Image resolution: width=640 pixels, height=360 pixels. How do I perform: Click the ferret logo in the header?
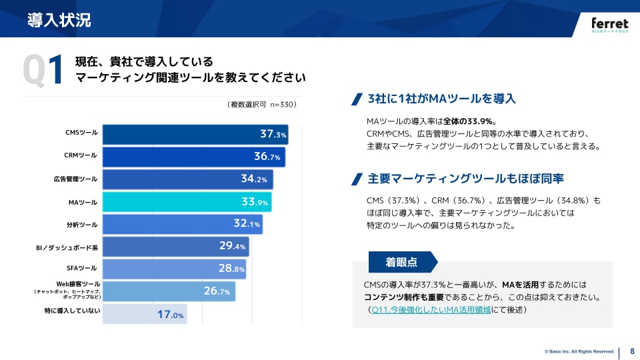[x=609, y=25]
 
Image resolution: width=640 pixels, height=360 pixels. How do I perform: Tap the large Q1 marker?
[x=43, y=70]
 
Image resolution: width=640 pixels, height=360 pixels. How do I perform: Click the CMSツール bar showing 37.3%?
[x=195, y=134]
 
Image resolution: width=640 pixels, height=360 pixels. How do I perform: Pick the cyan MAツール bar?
[x=187, y=202]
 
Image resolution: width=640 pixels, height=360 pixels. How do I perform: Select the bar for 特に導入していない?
[x=145, y=313]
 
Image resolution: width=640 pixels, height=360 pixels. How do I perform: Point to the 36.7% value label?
[x=267, y=157]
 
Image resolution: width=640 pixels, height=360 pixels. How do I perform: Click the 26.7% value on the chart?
[x=217, y=291]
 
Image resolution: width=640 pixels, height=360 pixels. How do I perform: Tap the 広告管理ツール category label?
[x=75, y=179]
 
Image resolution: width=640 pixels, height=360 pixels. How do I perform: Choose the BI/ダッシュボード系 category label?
[x=67, y=247]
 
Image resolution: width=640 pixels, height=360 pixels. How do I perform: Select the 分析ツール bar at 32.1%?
[x=182, y=224]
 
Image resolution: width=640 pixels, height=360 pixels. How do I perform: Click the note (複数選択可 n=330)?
[x=261, y=105]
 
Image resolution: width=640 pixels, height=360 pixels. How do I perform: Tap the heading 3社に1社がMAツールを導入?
[x=442, y=99]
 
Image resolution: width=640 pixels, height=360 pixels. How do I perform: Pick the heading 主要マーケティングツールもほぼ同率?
[x=466, y=179]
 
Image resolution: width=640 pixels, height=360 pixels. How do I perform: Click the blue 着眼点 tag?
[x=401, y=262]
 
